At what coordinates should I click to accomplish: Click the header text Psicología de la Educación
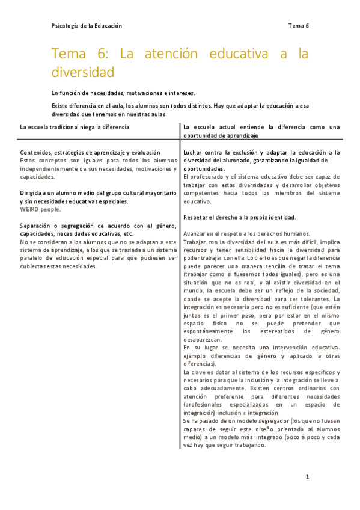tap(87, 26)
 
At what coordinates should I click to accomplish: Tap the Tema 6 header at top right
tap(298, 26)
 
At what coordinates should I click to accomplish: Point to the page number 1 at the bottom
tap(307, 477)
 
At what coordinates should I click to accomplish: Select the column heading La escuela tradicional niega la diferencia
tap(74, 127)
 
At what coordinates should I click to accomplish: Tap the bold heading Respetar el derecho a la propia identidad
tap(239, 217)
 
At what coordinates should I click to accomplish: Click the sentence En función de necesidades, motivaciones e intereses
tap(123, 93)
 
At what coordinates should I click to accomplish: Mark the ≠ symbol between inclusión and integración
tap(249, 413)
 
